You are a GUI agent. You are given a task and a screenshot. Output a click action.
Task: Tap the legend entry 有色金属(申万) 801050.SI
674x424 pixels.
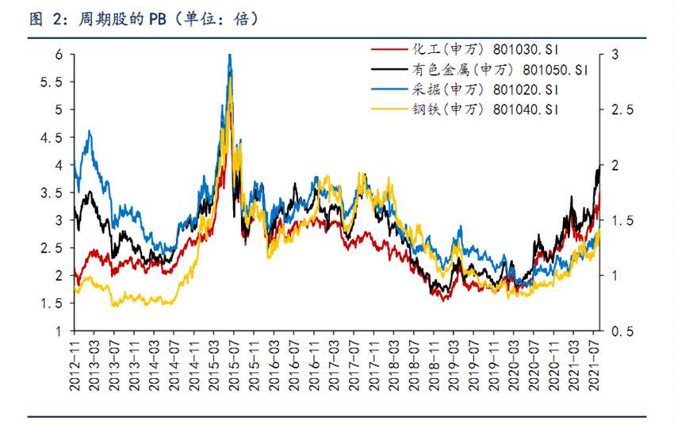(x=500, y=69)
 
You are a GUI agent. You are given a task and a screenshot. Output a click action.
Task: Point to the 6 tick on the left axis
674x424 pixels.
(x=58, y=55)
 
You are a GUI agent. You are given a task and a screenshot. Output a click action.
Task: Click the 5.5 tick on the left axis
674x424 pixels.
(x=53, y=82)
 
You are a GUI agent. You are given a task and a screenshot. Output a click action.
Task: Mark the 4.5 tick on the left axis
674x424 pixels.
(x=53, y=137)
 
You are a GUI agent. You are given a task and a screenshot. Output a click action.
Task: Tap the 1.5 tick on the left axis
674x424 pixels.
(x=53, y=303)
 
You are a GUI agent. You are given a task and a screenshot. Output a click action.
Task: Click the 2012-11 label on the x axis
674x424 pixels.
(x=75, y=361)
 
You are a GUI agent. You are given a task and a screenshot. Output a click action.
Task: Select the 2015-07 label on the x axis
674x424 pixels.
(x=234, y=361)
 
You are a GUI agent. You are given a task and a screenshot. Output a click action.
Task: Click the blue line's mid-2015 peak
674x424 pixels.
(x=229, y=55)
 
